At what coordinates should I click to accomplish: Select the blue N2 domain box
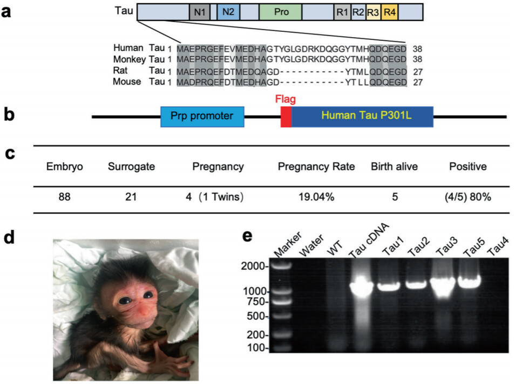tap(227, 11)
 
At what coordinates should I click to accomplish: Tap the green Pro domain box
tap(281, 11)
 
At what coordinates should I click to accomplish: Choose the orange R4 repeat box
tap(389, 11)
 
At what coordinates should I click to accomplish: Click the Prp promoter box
tap(202, 116)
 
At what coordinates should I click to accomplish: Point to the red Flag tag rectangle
tap(286, 116)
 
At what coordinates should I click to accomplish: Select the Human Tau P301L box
tap(362, 116)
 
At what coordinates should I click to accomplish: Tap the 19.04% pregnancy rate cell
tap(316, 197)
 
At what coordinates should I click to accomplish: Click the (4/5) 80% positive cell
tap(467, 197)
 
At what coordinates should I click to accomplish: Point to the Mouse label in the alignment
tap(127, 81)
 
